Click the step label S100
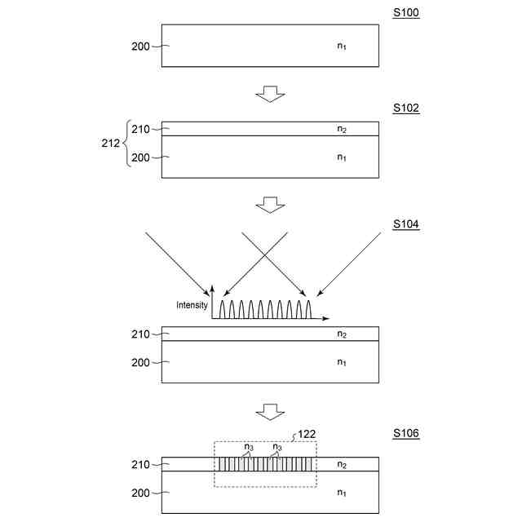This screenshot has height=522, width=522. [405, 14]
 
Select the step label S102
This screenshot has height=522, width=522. [405, 108]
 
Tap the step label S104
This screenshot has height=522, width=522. [405, 223]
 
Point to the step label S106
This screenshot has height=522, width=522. [405, 433]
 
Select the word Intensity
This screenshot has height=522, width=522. [192, 306]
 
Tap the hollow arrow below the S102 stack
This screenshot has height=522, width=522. [270, 204]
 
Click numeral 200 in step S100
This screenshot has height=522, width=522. [140, 46]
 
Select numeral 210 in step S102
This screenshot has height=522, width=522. [140, 128]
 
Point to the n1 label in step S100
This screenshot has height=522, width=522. [343, 46]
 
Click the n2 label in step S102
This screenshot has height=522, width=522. [343, 129]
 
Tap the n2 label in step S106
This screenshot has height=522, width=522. [343, 465]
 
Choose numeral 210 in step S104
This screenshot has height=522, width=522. [140, 334]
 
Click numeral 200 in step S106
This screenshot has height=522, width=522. [140, 493]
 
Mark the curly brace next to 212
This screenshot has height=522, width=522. [127, 143]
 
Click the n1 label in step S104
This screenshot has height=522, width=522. [343, 361]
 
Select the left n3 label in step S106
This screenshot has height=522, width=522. [250, 447]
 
